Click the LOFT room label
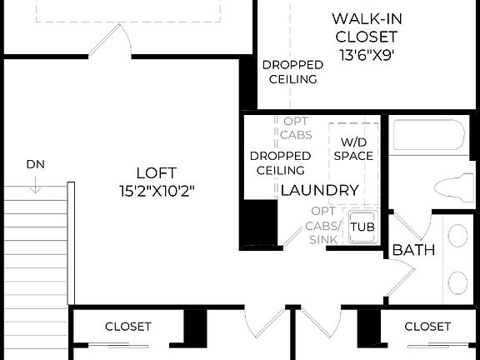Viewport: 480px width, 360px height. click(157, 173)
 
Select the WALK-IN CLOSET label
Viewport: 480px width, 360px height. click(364, 27)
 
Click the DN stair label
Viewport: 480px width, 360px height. click(35, 163)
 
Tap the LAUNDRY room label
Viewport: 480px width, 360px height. click(319, 190)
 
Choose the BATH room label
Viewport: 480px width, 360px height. click(413, 249)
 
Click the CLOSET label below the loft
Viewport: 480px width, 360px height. click(128, 327)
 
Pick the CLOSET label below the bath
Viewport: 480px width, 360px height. click(427, 327)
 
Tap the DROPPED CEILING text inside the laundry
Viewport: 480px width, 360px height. click(280, 163)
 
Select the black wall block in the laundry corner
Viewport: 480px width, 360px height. click(258, 223)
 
